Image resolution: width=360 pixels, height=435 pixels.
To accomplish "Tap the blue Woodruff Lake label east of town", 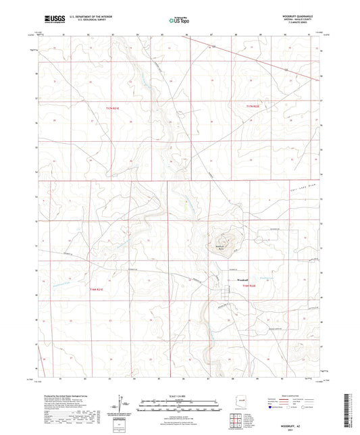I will point(268,278).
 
